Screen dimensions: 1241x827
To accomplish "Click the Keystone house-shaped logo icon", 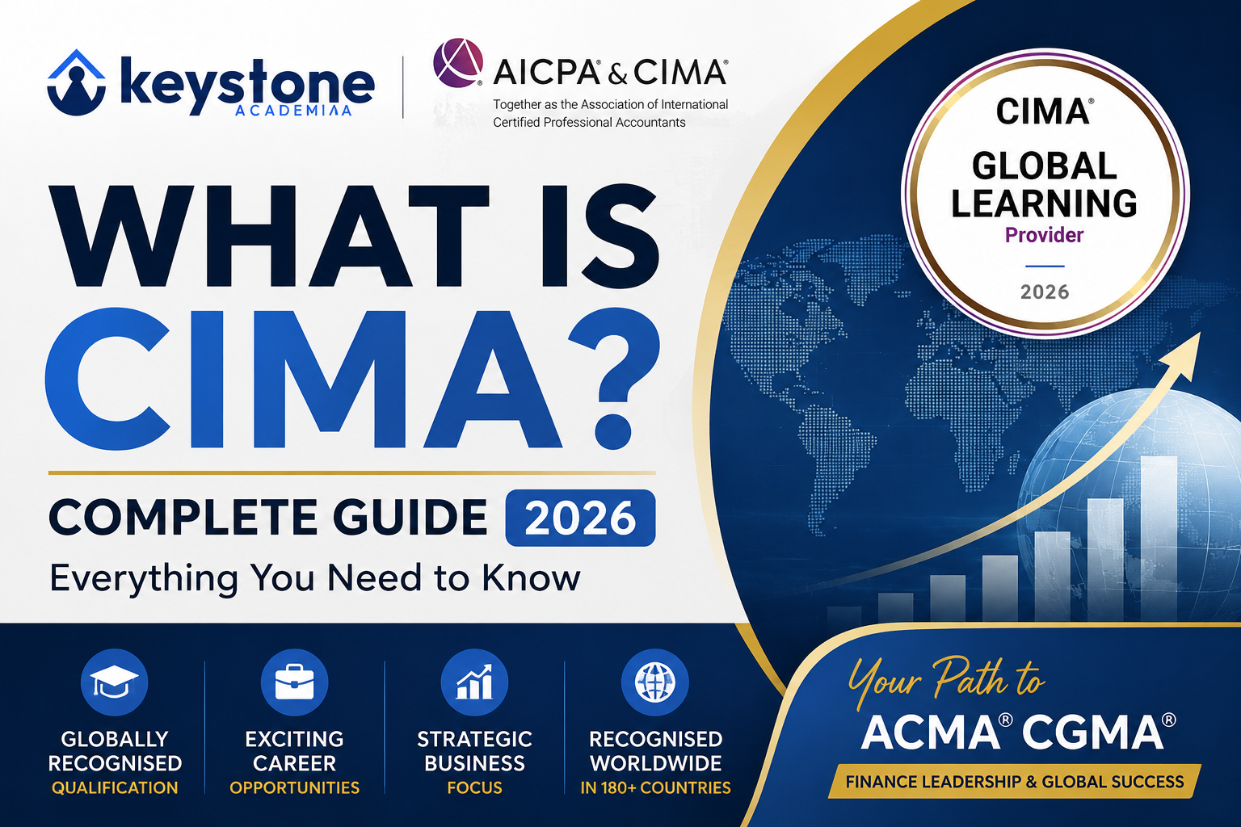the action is (77, 83).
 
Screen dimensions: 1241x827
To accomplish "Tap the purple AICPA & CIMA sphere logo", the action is (457, 63).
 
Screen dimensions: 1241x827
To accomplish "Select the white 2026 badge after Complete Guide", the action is (580, 518).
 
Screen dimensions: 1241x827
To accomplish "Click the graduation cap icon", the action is (114, 682).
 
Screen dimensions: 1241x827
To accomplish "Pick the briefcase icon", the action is (294, 682).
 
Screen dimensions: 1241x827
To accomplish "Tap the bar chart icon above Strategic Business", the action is (474, 682).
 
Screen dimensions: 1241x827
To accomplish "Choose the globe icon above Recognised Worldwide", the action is (655, 682).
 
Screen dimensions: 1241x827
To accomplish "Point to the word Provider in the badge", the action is (1044, 235).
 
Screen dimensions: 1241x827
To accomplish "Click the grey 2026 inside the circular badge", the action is (1045, 292).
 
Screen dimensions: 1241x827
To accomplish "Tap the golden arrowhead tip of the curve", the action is (1200, 333).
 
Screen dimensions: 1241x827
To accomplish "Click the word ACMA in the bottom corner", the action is (937, 733).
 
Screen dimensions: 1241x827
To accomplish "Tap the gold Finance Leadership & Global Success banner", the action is (1015, 782).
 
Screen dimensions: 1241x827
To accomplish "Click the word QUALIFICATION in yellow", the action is (115, 787).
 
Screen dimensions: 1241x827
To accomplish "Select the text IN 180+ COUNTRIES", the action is (655, 787).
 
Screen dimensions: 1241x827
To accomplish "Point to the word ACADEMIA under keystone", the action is (293, 110).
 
